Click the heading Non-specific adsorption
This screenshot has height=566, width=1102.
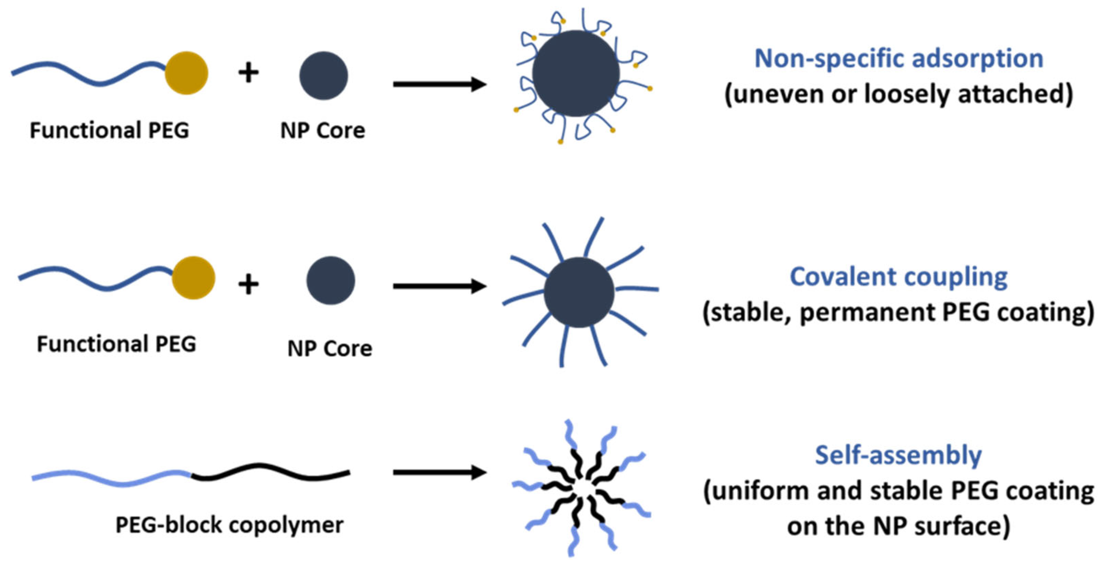coord(898,58)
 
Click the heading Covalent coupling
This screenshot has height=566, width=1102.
coord(898,277)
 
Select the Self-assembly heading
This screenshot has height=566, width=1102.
coord(898,455)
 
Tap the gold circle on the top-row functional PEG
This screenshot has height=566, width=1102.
coord(187,73)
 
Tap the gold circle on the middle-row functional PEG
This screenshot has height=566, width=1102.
coord(193,278)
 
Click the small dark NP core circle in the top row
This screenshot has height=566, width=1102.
coord(323,76)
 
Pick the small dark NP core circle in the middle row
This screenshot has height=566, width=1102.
coord(331,280)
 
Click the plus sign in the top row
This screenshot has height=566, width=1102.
coord(248,72)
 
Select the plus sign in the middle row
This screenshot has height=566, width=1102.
coord(248,284)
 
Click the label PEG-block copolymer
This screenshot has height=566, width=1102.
coord(229,525)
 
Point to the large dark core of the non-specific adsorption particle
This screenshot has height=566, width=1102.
coord(576,73)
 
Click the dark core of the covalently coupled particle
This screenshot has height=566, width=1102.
coord(579,292)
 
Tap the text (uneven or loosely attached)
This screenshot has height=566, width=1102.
coord(898,94)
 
